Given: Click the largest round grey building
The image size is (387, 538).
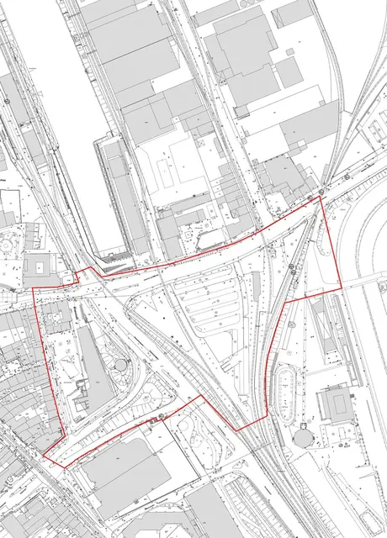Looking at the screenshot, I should [303, 438].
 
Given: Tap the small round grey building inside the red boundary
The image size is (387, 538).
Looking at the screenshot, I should [122, 366].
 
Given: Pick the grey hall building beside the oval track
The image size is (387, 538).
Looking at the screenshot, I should [336, 405].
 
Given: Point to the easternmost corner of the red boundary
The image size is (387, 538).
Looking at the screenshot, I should [342, 288].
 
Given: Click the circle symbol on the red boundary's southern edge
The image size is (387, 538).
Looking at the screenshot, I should [160, 418].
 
